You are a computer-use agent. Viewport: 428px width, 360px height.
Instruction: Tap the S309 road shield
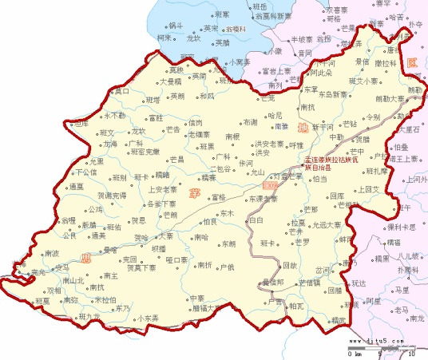[269, 184]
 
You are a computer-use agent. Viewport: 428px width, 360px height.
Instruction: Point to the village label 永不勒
[114, 116]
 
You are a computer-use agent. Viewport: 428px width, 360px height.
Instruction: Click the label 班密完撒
[145, 151]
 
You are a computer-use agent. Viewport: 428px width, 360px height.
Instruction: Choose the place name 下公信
[85, 172]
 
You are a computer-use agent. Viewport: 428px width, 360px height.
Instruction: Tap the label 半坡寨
[302, 38]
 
